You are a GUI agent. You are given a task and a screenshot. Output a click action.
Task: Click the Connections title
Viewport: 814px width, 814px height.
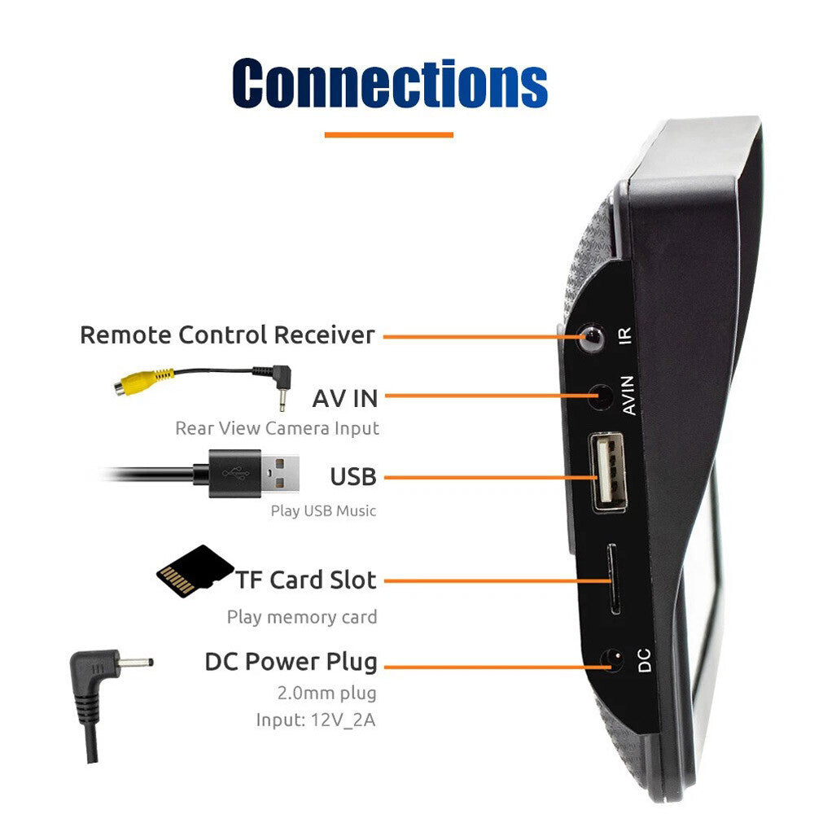coord(390,82)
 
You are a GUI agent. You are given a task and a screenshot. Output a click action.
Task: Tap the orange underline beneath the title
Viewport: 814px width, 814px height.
coord(388,134)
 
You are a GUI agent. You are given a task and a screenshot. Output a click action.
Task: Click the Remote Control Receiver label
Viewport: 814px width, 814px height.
coord(227,335)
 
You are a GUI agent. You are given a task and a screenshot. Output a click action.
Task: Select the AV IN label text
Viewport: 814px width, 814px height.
coord(345,399)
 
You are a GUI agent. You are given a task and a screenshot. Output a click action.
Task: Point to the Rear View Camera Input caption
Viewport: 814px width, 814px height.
coord(277,428)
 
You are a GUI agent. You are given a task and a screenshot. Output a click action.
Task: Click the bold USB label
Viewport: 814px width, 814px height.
coord(353,476)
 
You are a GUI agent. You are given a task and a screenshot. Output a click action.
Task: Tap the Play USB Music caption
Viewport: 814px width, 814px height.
coord(323,511)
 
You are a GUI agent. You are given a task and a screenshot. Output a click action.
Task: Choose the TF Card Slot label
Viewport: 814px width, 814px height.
coord(307,580)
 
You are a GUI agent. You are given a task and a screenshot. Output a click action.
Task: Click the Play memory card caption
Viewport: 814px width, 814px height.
coord(302,617)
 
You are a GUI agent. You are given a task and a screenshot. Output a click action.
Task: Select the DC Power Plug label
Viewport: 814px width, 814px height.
coord(291,663)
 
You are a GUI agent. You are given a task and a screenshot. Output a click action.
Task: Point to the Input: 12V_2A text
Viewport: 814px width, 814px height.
coord(317,720)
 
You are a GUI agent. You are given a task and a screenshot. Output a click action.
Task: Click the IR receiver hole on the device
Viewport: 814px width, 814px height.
coord(590,336)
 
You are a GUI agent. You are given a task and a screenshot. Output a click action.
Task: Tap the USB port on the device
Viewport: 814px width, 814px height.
coord(607,472)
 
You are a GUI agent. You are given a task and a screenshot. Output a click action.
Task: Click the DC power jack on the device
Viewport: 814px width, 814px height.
coord(611,662)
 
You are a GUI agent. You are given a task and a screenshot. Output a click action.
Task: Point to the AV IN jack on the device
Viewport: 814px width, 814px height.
coord(601,397)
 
